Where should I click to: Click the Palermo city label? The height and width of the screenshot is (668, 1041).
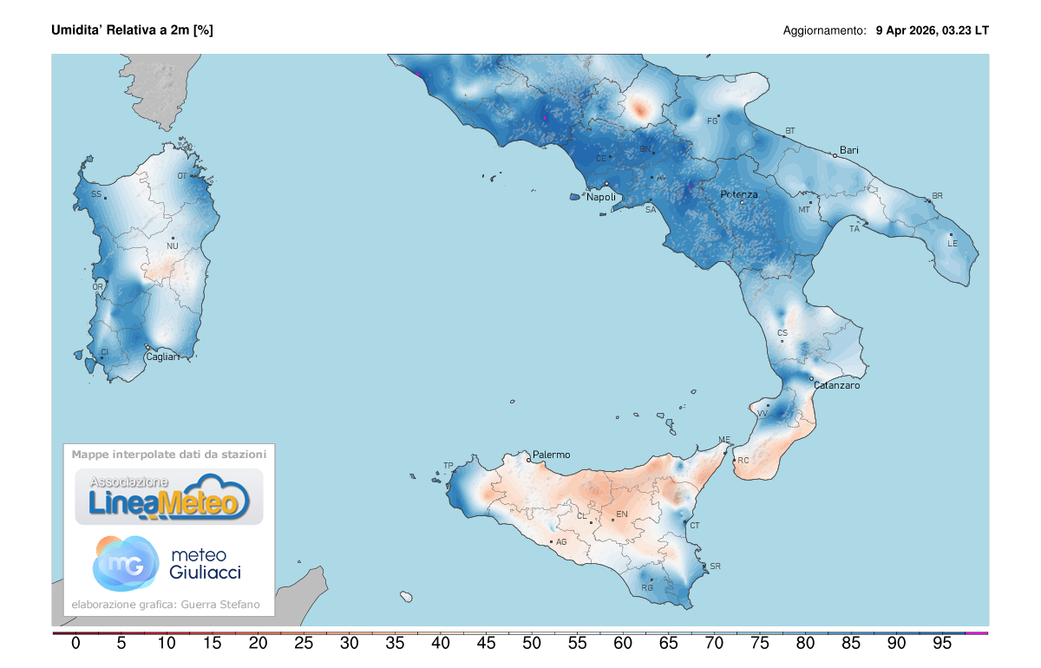552,455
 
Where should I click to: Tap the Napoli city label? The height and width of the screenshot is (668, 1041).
601,198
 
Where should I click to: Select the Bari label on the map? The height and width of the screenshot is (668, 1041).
849,150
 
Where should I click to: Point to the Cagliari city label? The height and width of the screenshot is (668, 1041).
163,357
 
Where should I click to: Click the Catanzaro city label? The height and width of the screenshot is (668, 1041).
836,385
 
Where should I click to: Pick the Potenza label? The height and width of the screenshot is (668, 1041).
739,195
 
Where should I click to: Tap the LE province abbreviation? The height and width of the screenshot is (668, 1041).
953,244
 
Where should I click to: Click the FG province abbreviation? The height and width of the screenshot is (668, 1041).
712,121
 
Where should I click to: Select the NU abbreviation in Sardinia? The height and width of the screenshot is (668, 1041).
173,246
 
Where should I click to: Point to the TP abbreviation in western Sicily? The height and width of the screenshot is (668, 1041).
448,466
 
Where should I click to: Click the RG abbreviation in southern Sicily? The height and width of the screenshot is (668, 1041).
646,588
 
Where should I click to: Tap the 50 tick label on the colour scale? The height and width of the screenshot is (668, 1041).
441,644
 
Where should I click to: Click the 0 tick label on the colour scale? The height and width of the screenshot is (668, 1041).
75,644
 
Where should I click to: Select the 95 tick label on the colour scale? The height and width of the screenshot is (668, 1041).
941,644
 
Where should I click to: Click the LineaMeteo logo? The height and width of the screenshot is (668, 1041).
169,496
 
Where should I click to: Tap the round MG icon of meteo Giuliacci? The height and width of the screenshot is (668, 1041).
125,563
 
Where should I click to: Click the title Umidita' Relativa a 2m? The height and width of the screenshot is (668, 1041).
133,30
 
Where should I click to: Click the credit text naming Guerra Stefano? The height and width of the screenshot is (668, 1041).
165,605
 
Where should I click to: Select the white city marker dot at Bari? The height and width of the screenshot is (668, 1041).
835,155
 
